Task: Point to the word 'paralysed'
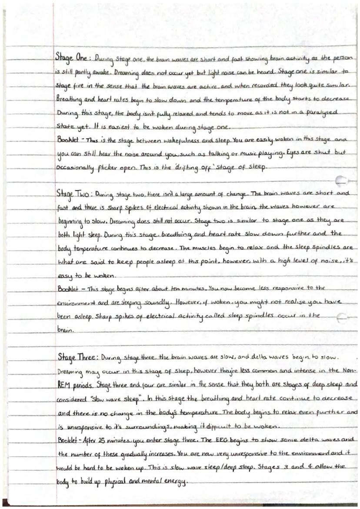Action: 319,112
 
